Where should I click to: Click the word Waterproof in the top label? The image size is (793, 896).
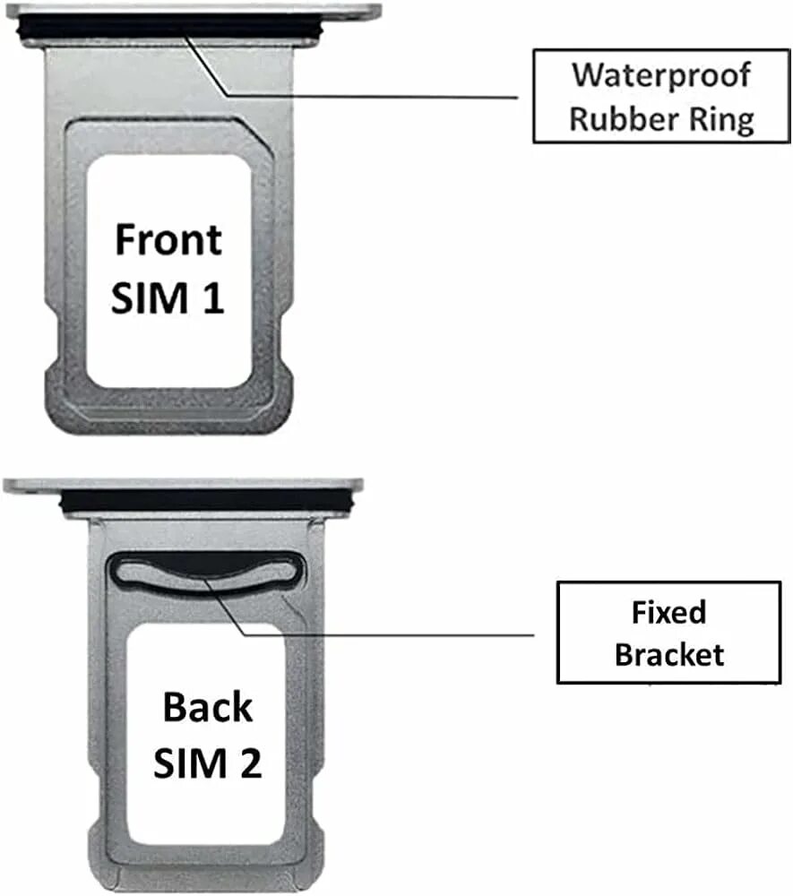click(661, 75)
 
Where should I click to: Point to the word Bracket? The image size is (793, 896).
click(668, 654)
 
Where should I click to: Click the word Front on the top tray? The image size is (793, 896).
click(168, 240)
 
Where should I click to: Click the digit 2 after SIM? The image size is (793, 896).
click(250, 764)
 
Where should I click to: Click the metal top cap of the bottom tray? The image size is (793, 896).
click(179, 486)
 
